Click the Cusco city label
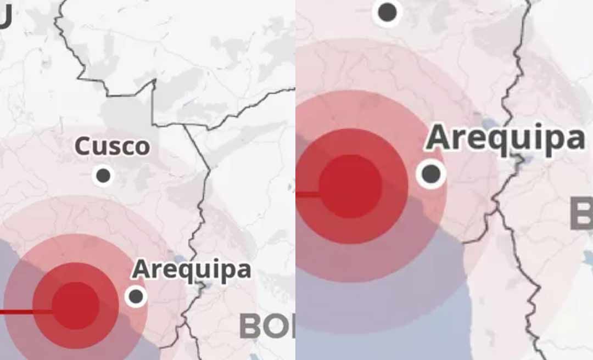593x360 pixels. (112, 147)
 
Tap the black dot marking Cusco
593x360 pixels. (103, 176)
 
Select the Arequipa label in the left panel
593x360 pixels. (191, 269)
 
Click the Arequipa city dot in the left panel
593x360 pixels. (136, 296)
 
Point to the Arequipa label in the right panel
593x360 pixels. (505, 138)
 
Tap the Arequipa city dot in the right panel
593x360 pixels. (431, 173)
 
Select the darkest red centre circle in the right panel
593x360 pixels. (350, 186)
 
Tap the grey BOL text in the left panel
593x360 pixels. (267, 327)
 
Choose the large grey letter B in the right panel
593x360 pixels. (581, 214)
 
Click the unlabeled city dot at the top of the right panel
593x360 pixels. (388, 12)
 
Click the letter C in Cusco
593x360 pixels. (81, 147)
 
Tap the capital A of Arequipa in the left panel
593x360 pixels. (141, 269)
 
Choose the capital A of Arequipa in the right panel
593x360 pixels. (440, 137)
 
